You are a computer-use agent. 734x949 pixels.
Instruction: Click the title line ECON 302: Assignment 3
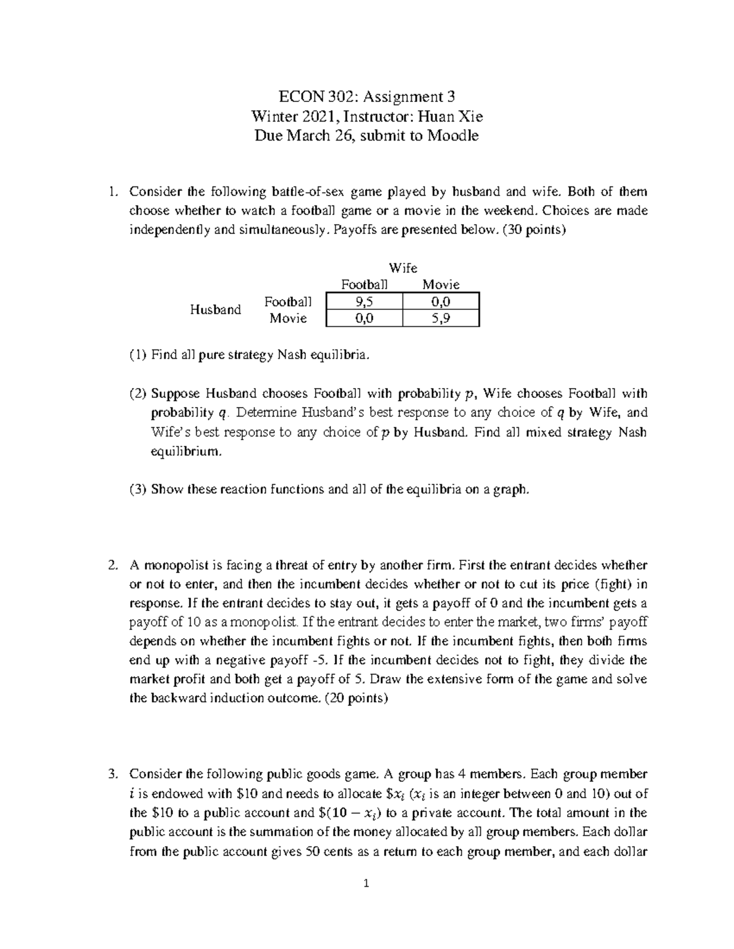(366, 97)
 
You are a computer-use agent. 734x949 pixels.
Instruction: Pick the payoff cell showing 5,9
(441, 318)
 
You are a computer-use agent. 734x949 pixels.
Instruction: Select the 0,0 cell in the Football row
(441, 301)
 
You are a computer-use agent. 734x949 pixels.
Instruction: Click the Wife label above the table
(403, 268)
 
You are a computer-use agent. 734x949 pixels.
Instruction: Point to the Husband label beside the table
(215, 310)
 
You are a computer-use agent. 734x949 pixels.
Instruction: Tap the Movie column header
(441, 285)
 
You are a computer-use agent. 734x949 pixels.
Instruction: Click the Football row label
(287, 301)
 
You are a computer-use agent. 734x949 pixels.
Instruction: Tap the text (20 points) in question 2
(355, 698)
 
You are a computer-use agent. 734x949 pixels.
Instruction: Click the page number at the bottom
(366, 883)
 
